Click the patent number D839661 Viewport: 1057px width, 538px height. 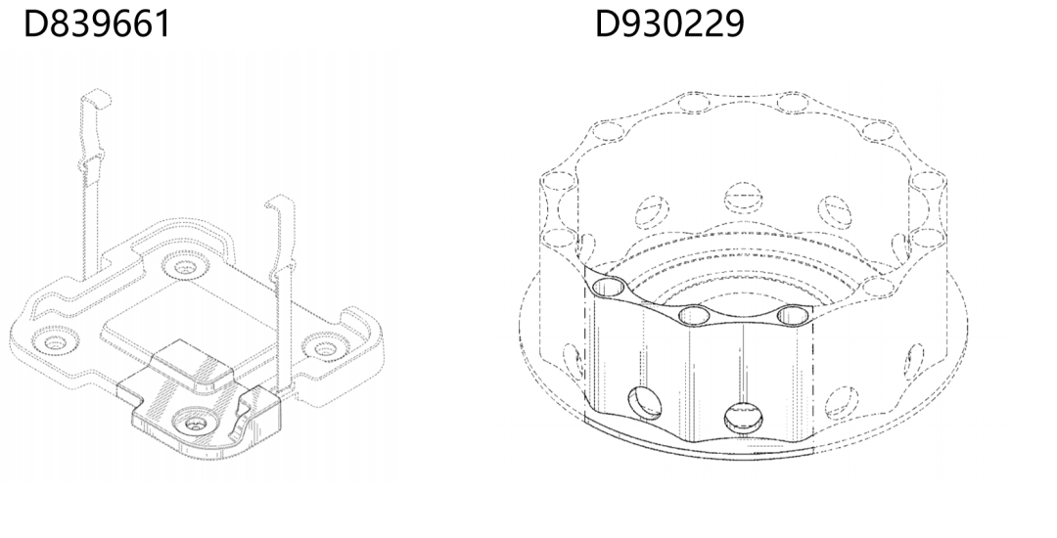click(97, 23)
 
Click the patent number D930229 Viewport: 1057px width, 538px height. click(669, 23)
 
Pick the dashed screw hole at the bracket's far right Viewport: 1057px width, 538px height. click(326, 347)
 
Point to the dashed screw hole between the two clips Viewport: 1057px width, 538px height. click(185, 266)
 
